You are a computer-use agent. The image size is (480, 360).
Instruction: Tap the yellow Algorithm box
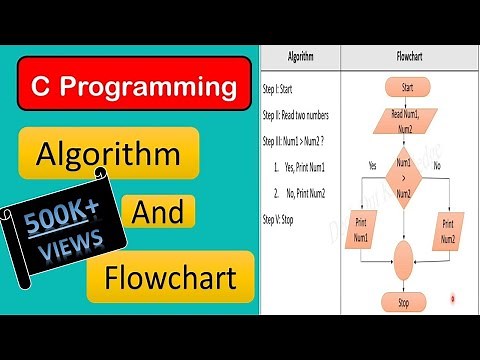(110, 156)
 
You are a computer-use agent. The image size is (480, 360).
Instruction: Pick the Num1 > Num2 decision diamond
(405, 174)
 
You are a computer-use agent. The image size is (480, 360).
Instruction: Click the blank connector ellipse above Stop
(405, 260)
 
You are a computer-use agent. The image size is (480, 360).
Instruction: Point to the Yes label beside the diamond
(371, 164)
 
